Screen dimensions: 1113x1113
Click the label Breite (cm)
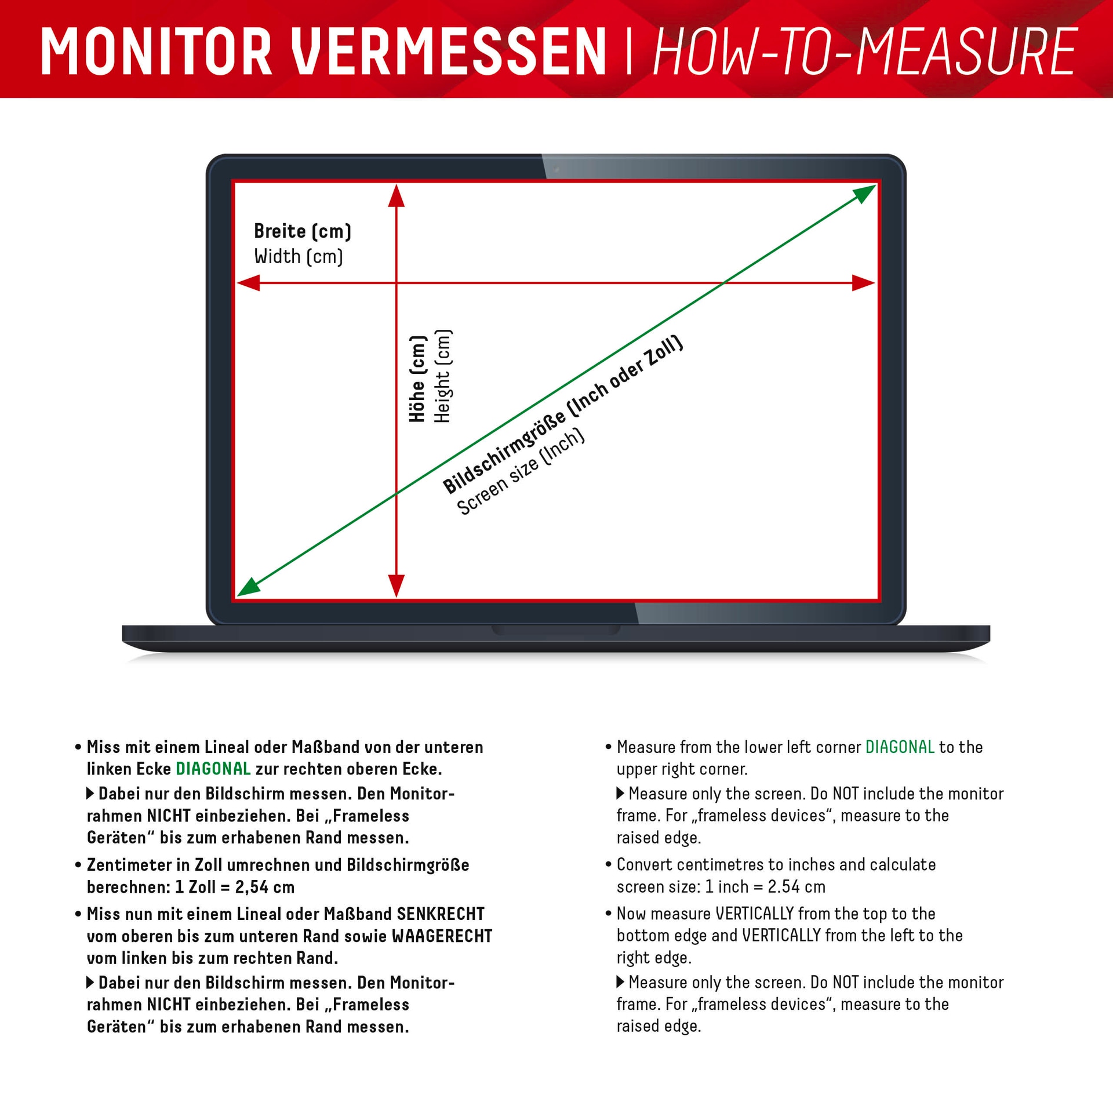click(303, 231)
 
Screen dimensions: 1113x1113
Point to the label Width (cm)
click(299, 256)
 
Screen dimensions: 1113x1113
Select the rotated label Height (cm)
click(443, 376)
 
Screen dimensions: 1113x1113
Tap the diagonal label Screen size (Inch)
click(521, 472)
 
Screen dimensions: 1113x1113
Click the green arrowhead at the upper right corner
click(866, 193)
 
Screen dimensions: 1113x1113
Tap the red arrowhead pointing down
click(396, 585)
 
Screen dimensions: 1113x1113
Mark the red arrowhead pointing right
click(864, 283)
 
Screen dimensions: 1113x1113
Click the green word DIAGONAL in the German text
click(213, 769)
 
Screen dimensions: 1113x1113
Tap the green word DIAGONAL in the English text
click(900, 747)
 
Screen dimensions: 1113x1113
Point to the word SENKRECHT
click(440, 914)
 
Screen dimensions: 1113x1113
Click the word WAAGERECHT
click(442, 936)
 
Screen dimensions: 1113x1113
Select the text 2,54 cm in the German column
click(264, 887)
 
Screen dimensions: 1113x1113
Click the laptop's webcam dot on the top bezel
click(556, 169)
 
